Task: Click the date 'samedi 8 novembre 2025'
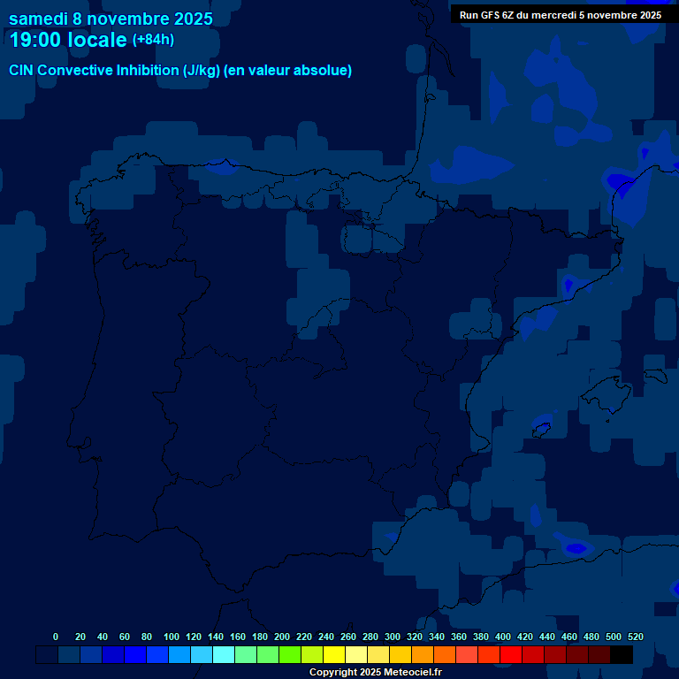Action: pos(111,19)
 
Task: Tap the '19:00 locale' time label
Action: pos(67,40)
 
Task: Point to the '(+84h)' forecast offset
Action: pos(153,40)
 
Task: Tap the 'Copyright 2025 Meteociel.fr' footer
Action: pos(376,673)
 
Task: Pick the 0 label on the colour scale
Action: pos(56,637)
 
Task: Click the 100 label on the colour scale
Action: pos(172,637)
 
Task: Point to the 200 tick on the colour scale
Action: pos(282,637)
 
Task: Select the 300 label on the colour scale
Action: pos(393,637)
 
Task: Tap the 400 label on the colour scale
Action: pos(503,637)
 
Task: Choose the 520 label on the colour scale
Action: pos(636,637)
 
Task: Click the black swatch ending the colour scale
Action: pos(622,655)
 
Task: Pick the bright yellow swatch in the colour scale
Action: pos(334,655)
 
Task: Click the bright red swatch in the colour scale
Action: pos(511,655)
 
